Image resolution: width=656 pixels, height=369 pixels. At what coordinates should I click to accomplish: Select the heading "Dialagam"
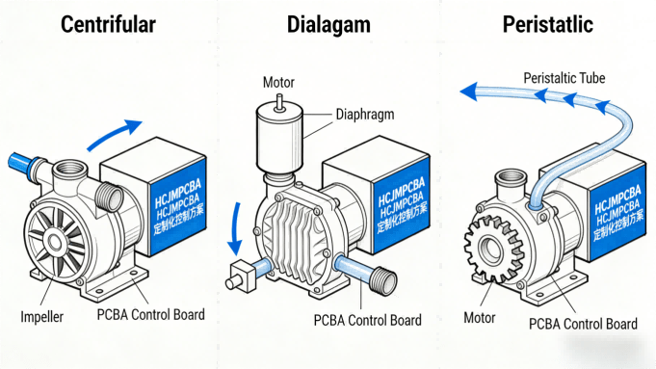point(328,25)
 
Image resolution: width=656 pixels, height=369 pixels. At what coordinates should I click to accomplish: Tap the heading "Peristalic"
point(547,25)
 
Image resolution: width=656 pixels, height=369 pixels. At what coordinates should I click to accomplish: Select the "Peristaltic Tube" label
point(564,77)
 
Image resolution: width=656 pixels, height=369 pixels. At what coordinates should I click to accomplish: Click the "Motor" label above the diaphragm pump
point(278,83)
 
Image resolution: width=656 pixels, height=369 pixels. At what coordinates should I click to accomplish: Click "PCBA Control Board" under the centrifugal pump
point(150,315)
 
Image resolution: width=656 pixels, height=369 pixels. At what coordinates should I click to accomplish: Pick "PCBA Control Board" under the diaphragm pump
point(367,321)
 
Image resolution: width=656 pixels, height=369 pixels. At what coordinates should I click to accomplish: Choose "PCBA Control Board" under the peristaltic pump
point(584,324)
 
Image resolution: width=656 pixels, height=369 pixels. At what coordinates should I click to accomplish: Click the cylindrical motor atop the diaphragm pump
point(278,139)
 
